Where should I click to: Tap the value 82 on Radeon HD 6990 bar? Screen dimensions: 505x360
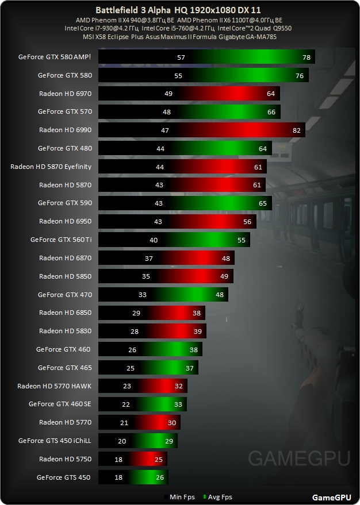click(x=297, y=130)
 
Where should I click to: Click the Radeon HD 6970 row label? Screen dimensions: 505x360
click(x=65, y=94)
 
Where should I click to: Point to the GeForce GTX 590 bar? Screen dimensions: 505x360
click(x=184, y=203)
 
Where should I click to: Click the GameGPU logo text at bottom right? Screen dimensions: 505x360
click(x=331, y=497)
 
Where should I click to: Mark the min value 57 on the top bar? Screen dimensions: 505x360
click(x=181, y=57)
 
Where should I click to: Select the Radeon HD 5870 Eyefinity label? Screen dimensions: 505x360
click(x=51, y=167)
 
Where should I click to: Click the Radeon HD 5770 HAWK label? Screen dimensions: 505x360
click(x=55, y=386)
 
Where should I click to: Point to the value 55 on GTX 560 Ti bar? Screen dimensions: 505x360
click(x=242, y=240)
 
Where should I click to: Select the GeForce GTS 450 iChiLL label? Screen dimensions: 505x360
click(x=55, y=441)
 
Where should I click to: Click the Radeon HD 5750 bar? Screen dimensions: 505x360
click(x=133, y=459)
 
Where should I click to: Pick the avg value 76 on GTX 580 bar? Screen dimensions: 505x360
click(x=300, y=75)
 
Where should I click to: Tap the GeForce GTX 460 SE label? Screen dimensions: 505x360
click(x=60, y=404)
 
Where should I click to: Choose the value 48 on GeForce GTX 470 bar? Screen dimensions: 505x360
click(x=220, y=295)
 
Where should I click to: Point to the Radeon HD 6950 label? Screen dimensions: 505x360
click(x=65, y=221)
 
